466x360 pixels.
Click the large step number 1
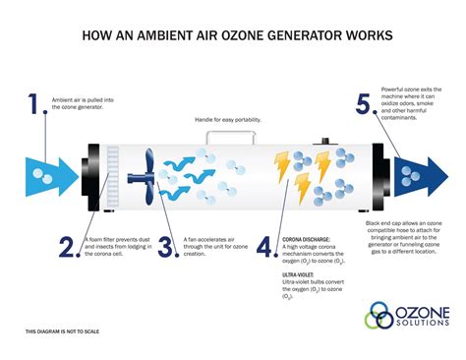pos(37,105)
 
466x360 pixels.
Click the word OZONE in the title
pos(259,35)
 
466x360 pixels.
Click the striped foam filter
pos(111,180)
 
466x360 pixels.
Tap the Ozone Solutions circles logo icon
pos(379,317)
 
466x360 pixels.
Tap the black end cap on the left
pos(93,179)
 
